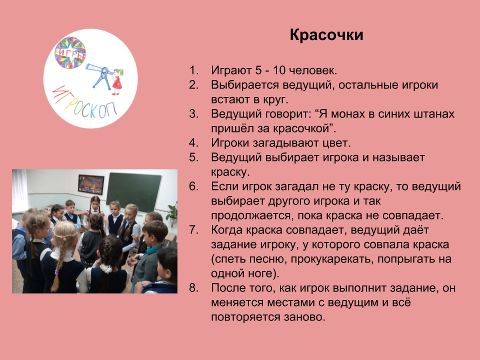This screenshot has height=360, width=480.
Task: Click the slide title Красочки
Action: point(326,35)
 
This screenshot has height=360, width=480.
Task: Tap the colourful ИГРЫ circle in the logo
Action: point(70,52)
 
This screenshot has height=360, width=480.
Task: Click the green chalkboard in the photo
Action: point(134,192)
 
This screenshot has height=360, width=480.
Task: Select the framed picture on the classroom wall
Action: point(91,184)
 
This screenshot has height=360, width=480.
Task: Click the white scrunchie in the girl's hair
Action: point(106,268)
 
